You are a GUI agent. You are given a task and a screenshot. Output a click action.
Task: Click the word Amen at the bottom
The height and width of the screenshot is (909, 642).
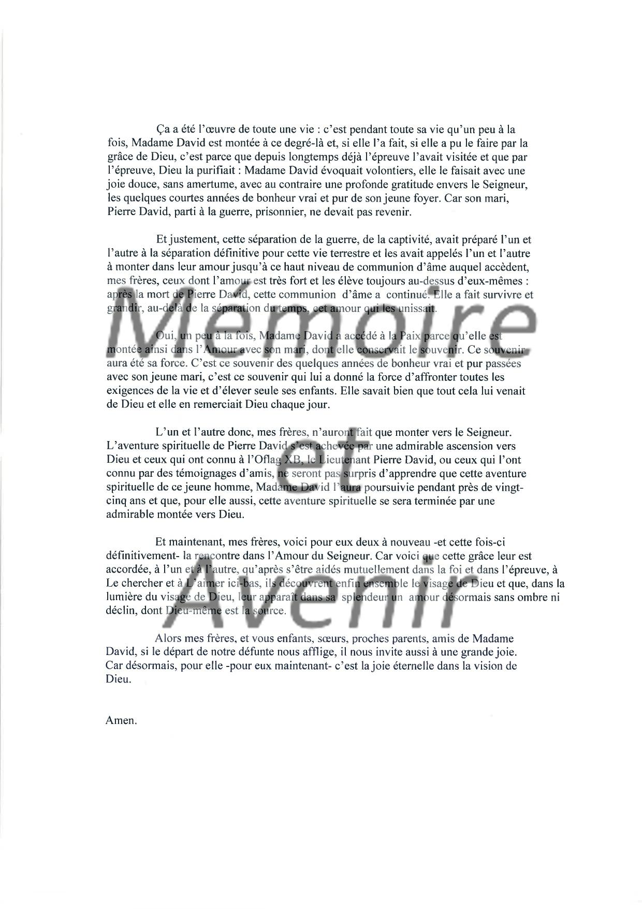pos(121,720)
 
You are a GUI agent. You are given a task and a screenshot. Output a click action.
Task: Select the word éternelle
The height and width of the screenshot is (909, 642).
pos(382,666)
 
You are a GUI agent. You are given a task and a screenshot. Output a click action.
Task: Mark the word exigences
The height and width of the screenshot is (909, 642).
pos(129,391)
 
